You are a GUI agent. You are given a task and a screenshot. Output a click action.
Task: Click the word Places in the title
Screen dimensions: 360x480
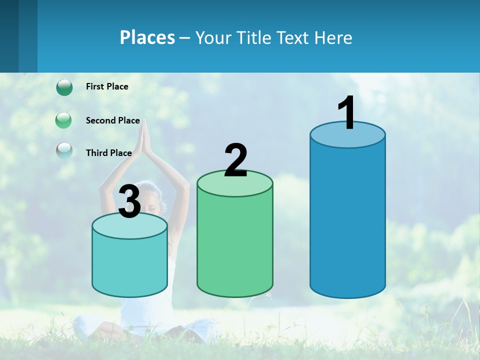tap(147, 37)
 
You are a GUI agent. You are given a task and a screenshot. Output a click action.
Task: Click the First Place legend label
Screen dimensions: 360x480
tap(107, 86)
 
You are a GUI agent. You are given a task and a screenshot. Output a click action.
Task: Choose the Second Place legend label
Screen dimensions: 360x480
tap(112, 120)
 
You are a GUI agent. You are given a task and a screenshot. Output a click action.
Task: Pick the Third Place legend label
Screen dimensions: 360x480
tap(108, 153)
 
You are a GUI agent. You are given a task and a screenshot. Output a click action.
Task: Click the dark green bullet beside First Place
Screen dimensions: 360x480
tap(64, 87)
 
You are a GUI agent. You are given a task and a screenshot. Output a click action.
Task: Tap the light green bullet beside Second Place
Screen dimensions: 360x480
tap(63, 120)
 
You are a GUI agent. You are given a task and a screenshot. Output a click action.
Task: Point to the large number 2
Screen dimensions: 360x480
tap(235, 160)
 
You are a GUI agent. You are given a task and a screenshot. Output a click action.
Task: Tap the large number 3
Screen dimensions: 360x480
tap(130, 202)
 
